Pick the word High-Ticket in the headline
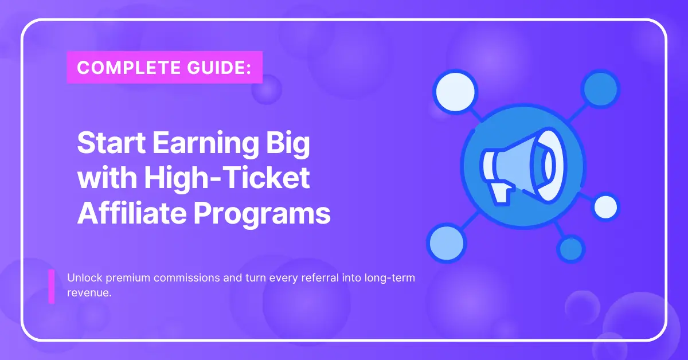[227, 179]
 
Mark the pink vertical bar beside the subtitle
[51, 286]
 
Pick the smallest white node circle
[605, 206]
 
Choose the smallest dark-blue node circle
[570, 249]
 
